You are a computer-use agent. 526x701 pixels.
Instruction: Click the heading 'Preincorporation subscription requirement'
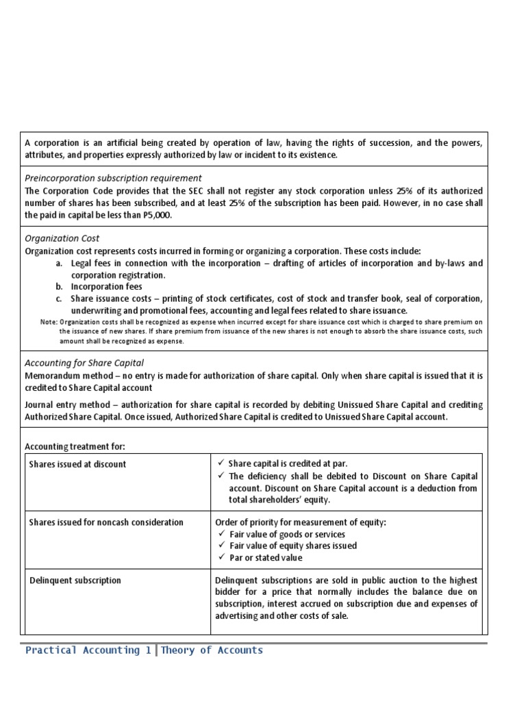coord(113,178)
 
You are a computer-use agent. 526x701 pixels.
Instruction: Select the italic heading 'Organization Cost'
coord(62,238)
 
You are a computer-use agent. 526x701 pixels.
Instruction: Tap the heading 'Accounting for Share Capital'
coord(84,363)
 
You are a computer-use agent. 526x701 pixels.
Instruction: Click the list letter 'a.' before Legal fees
coord(60,263)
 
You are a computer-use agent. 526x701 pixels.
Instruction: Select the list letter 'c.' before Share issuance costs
coord(60,299)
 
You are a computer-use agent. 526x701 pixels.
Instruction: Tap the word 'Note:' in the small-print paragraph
coord(49,322)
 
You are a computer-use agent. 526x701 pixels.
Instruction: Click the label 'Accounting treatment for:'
coord(75,446)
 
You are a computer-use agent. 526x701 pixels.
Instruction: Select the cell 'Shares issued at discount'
coord(77,464)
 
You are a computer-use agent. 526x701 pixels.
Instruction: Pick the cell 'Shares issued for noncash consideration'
coord(106,522)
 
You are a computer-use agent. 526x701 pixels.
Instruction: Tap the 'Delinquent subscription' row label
coord(75,581)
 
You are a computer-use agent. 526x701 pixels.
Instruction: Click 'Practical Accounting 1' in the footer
coord(88,650)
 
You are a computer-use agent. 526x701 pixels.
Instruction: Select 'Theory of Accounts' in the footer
coord(212,650)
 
